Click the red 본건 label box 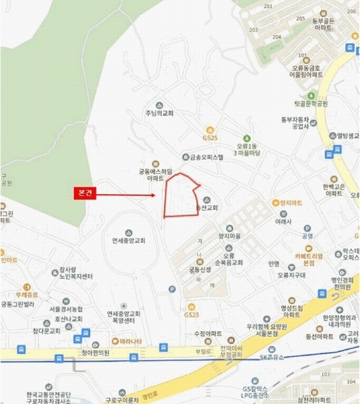pyautogui.click(x=86, y=193)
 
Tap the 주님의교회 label pyautogui.click(x=159, y=112)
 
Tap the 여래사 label pyautogui.click(x=282, y=220)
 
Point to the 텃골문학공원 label pyautogui.click(x=310, y=104)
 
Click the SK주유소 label pyautogui.click(x=274, y=358)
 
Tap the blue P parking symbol pyautogui.click(x=172, y=290)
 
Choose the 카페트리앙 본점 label pyautogui.click(x=300, y=259)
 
